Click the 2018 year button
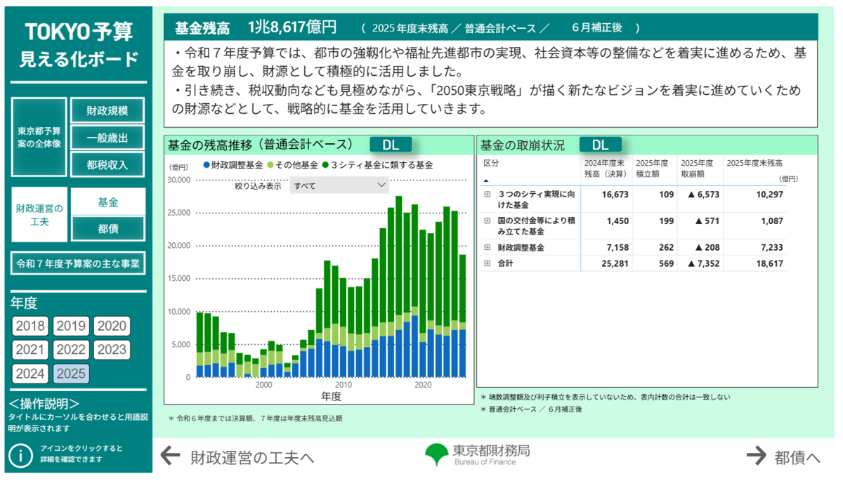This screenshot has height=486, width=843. point(30,326)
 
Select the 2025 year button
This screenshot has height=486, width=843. point(71,374)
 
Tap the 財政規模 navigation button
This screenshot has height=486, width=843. point(107,111)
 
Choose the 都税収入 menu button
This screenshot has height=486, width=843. point(107,164)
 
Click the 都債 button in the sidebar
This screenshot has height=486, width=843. point(107,228)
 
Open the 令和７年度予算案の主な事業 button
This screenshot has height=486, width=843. point(78,264)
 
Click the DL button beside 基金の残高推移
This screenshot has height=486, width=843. point(391,145)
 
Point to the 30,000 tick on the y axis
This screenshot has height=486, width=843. point(178,180)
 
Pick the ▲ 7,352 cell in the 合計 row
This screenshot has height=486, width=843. point(703,263)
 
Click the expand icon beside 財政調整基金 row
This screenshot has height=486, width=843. point(487,248)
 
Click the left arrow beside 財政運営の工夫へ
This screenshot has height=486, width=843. point(171,456)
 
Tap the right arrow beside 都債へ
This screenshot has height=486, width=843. point(756,456)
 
